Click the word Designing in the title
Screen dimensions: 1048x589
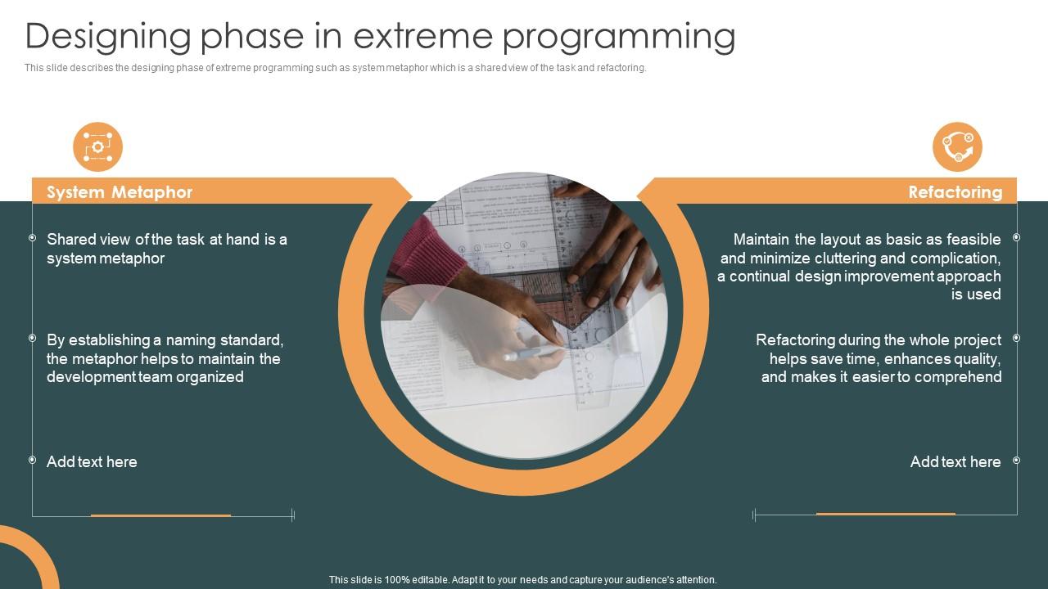click(x=108, y=37)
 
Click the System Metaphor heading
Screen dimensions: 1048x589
click(x=120, y=192)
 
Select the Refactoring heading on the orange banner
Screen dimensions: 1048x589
click(x=955, y=192)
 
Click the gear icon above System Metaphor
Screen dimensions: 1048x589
click(x=97, y=146)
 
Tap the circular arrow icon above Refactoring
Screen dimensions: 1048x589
click(x=957, y=146)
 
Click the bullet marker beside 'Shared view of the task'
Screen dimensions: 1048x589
click(x=32, y=238)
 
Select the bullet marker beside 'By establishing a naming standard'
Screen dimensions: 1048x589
click(x=32, y=338)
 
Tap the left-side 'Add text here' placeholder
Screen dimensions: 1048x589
click(x=92, y=462)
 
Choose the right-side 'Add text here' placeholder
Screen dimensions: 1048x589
click(x=955, y=462)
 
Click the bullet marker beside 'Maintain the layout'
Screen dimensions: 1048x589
click(x=1016, y=237)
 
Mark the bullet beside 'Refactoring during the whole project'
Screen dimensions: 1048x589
click(x=1016, y=338)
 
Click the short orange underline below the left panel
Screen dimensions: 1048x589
click(x=160, y=515)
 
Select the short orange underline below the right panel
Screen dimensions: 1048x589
click(x=886, y=515)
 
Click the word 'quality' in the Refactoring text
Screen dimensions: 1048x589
click(x=975, y=359)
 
